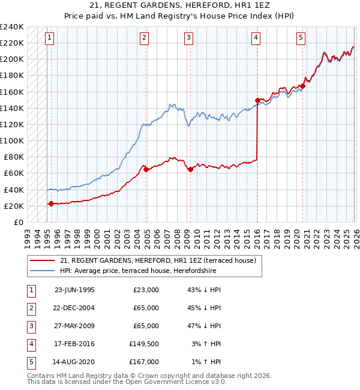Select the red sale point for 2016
(x=257, y=100)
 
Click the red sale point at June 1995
(x=51, y=203)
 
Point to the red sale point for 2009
(x=190, y=169)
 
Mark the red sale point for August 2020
(x=302, y=86)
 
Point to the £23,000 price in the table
(x=146, y=289)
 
